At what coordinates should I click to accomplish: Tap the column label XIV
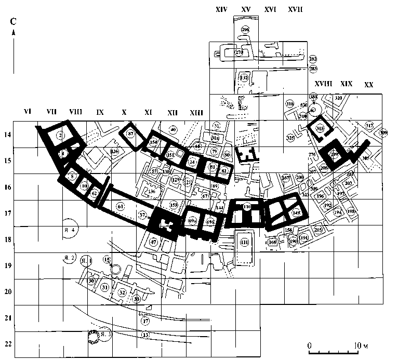coord(221,10)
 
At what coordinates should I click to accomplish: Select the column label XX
coord(368,84)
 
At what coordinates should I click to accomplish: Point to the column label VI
coord(29,111)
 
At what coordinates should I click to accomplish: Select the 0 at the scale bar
coord(309,345)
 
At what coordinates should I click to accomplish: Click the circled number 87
coord(131,134)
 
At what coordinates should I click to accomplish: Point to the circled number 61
coord(121,207)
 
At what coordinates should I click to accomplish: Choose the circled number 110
coord(247,207)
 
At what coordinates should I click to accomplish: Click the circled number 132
coord(244,77)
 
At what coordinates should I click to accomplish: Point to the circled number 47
coord(154,242)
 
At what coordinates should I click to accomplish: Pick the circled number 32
coord(123,292)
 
